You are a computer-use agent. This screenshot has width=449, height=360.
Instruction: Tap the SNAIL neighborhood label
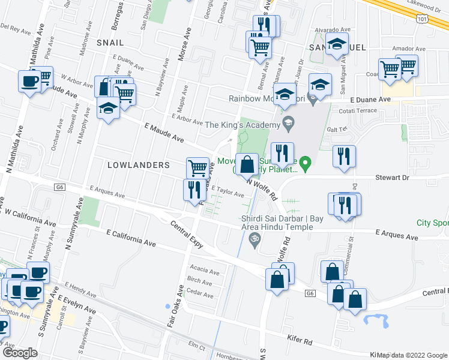[x=109, y=43]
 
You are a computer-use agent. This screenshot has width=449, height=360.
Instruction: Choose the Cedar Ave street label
[x=200, y=295]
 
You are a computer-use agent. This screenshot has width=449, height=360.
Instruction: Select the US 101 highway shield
[x=424, y=20]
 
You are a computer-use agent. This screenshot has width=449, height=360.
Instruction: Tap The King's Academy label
[x=243, y=124]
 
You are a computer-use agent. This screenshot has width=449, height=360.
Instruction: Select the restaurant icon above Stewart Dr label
[x=345, y=155]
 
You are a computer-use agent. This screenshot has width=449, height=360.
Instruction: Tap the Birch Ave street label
[x=200, y=280]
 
